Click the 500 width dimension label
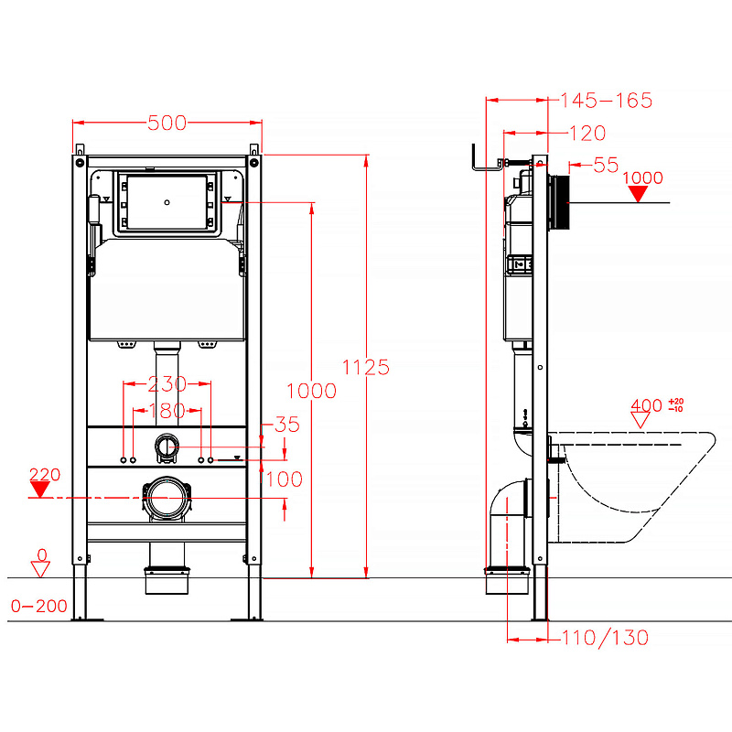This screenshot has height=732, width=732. pos(167,123)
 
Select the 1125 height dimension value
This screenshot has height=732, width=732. pos(365,368)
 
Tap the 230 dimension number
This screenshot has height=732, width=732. pos(167,384)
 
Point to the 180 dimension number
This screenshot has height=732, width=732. pos(167,411)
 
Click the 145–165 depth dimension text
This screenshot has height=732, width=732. pos(606,101)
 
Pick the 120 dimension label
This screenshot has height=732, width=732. pos(587,134)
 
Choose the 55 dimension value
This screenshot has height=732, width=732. pos(606,165)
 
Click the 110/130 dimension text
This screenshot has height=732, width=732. pos(605,638)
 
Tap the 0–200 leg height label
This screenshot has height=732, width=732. pos(39,606)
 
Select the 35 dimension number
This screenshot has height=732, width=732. pos(286,425)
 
